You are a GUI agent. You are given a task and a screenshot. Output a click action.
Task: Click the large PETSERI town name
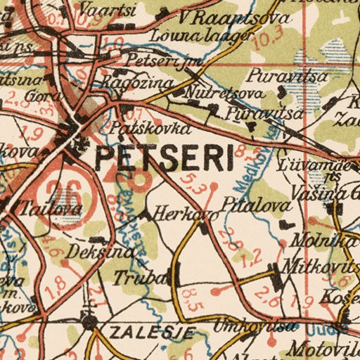[163, 158]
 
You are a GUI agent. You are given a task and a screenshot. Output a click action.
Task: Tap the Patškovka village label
[150, 129]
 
